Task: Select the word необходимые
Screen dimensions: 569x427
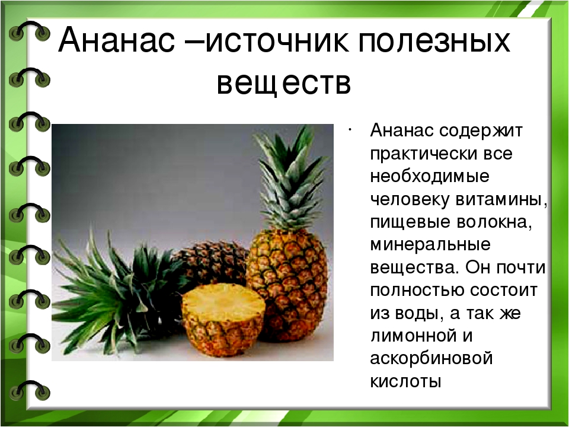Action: point(430,177)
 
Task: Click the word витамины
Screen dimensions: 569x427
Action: point(501,200)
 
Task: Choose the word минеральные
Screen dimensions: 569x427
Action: point(430,245)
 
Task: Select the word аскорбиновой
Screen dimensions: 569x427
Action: point(431,359)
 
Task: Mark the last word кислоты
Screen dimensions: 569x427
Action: point(405,381)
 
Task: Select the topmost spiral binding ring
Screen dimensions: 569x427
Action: point(29,31)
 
